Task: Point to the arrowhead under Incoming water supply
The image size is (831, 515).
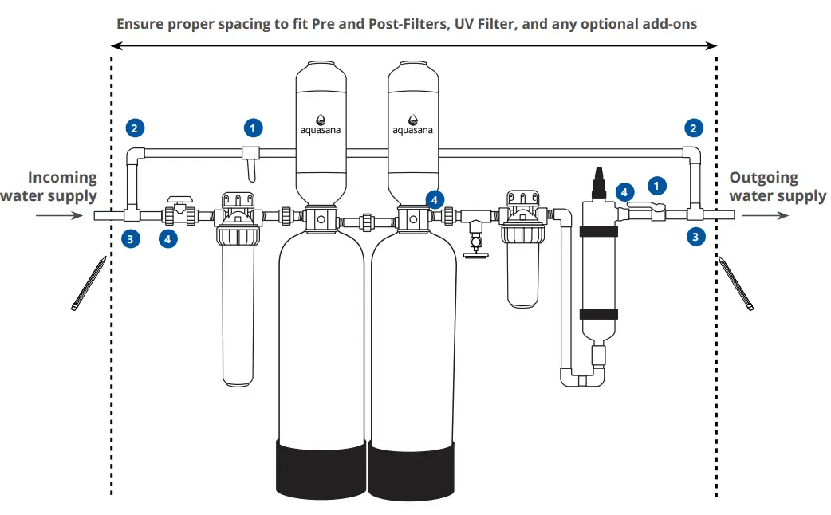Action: (x=78, y=215)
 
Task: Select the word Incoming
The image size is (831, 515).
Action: (x=62, y=178)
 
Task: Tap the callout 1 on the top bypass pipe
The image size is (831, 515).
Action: (x=253, y=127)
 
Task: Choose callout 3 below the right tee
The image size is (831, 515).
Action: (x=696, y=236)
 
